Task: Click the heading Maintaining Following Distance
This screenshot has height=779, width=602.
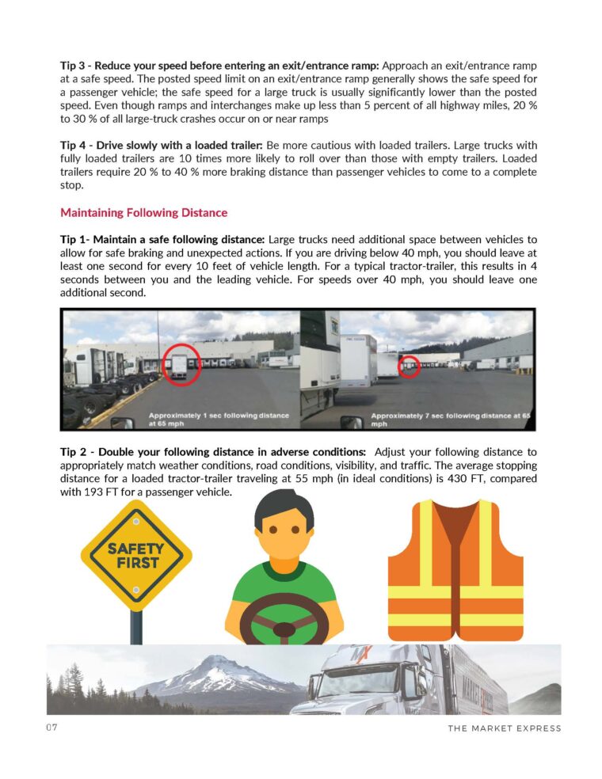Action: (x=143, y=213)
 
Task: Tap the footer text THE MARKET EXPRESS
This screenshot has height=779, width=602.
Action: (x=504, y=728)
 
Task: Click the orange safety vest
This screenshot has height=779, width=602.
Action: (x=455, y=570)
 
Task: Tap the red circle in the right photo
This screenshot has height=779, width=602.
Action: (x=408, y=366)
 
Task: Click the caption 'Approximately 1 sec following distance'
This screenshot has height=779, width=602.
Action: (x=218, y=416)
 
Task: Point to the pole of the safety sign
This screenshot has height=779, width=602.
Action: (x=136, y=625)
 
